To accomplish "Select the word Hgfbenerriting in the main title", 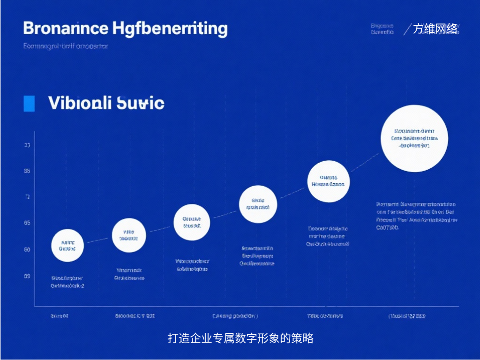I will (171, 29).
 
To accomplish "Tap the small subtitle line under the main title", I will (66, 46).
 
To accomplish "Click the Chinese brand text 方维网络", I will (435, 29).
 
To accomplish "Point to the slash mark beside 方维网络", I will (406, 29).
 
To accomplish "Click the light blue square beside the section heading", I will (29, 103).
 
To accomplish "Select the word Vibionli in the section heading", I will (79, 103).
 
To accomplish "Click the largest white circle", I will (414, 138).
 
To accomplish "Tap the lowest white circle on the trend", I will (67, 246).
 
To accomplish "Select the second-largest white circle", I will (328, 181).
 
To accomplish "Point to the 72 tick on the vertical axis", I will (27, 197).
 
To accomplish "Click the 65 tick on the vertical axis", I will (27, 223).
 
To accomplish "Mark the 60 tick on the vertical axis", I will (27, 249).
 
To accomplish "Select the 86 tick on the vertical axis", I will (27, 171).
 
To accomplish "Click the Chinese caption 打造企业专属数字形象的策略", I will (240, 338).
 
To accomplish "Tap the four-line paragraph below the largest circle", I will (416, 216).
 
